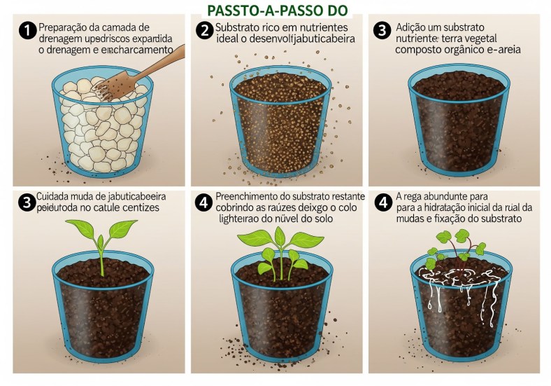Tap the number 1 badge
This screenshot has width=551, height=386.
[27, 32]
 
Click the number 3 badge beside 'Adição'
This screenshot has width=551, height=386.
[382, 32]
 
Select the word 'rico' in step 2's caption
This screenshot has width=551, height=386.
[270, 26]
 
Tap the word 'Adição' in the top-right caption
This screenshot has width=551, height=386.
[413, 26]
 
